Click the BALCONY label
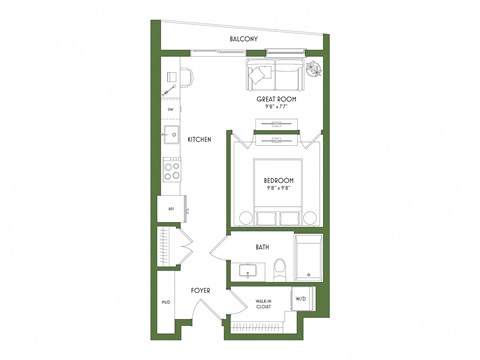click(x=245, y=39)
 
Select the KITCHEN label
click(x=199, y=139)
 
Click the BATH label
click(x=262, y=246)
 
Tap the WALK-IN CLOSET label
click(x=264, y=303)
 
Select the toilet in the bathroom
click(x=281, y=268)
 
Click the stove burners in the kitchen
click(x=171, y=170)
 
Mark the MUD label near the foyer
click(x=165, y=301)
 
